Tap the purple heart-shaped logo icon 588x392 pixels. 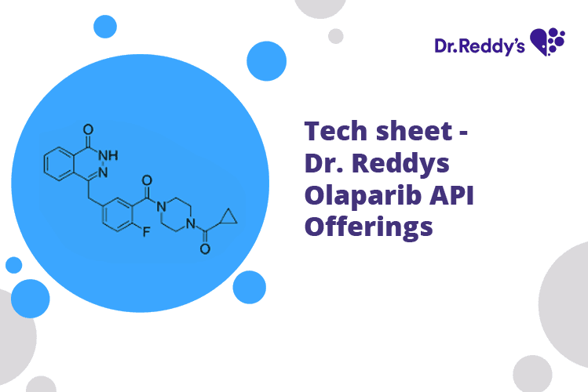pos(547,41)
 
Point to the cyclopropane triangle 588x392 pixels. pos(227,216)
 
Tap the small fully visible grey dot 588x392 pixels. pos(336,36)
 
